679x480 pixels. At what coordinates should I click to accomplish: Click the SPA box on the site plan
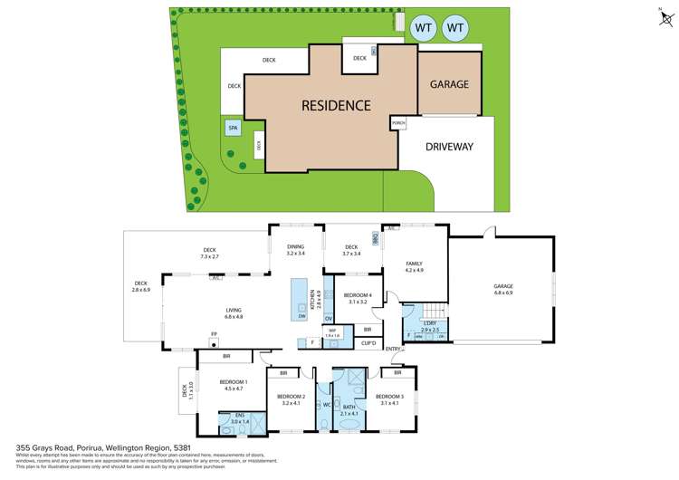click(x=233, y=129)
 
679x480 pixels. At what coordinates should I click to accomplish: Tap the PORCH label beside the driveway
click(x=398, y=122)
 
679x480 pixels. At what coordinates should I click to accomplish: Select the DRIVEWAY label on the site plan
click(x=449, y=147)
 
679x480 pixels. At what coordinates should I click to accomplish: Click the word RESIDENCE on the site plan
click(x=336, y=105)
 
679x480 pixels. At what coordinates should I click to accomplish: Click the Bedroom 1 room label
click(x=233, y=385)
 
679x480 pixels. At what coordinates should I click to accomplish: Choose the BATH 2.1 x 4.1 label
click(x=349, y=410)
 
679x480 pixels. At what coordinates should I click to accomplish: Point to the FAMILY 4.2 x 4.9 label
click(x=414, y=267)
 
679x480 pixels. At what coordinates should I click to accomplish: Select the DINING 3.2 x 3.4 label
click(x=295, y=249)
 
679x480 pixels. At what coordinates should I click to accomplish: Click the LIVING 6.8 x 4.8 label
click(x=234, y=313)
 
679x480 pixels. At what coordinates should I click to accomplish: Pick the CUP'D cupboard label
click(x=368, y=343)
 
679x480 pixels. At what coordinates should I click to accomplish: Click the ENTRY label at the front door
click(x=393, y=350)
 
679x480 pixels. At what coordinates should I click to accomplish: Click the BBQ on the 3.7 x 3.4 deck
click(x=375, y=238)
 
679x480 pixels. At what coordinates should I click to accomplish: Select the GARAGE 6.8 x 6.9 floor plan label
click(x=503, y=289)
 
